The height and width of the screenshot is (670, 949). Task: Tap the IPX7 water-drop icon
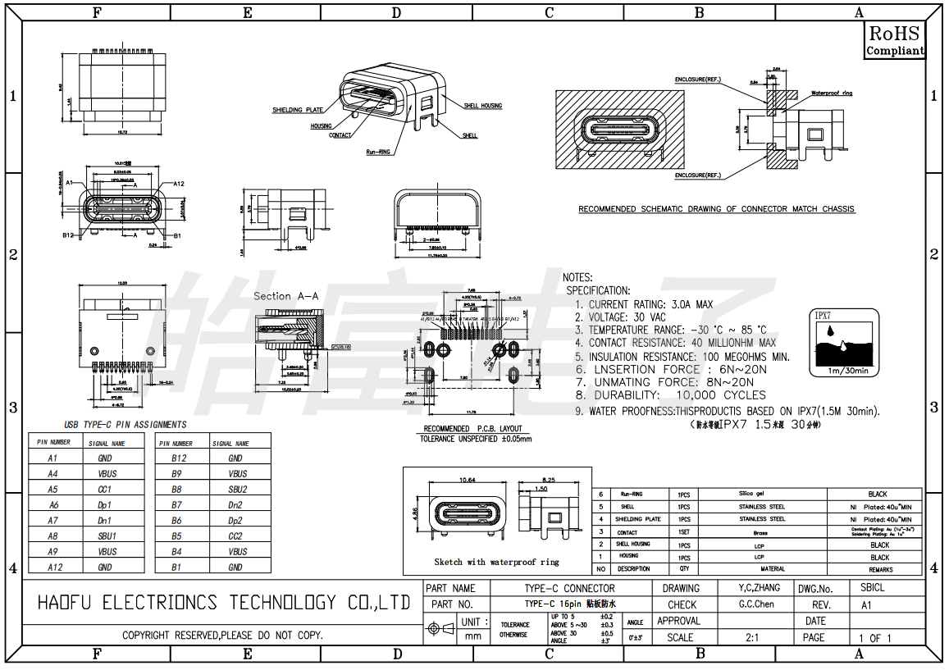[844, 343]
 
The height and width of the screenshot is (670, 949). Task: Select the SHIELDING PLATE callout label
[298, 110]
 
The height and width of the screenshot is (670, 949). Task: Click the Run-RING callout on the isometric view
[378, 152]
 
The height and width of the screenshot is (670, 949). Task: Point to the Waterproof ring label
[832, 93]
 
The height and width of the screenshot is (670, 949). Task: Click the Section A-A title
[285, 296]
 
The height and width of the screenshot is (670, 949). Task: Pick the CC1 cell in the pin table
[105, 490]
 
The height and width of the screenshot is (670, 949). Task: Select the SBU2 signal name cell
[238, 490]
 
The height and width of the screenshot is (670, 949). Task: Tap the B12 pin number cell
[178, 458]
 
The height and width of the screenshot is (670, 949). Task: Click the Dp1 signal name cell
[105, 505]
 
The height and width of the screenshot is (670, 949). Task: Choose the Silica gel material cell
[751, 494]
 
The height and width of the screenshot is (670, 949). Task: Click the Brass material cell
[760, 531]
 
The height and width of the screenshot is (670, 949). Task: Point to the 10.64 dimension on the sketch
[468, 479]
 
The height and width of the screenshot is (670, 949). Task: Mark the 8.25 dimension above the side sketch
[549, 479]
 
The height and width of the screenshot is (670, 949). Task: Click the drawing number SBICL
[873, 588]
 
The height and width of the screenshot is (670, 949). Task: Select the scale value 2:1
[752, 637]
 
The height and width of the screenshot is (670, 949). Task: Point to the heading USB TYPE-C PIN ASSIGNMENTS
[125, 425]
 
